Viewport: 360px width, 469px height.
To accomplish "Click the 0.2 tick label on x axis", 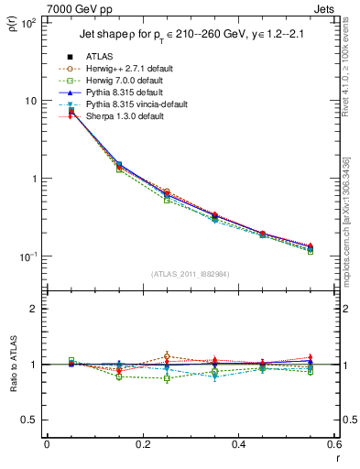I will (x=142, y=445).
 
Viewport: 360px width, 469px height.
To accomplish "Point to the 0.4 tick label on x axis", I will (x=237, y=445).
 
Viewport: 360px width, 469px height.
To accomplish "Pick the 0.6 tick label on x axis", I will (x=333, y=445).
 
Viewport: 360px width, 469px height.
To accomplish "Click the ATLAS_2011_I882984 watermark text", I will (x=190, y=274).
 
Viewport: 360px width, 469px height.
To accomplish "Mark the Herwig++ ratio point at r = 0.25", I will (x=166, y=356).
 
